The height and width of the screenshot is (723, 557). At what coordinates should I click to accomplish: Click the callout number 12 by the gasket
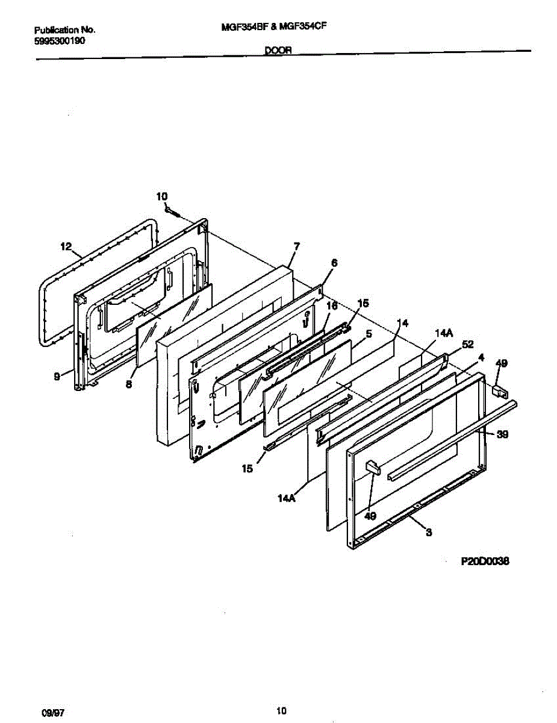pos(66,246)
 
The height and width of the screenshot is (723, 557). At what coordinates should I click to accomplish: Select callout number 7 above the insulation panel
pos(296,246)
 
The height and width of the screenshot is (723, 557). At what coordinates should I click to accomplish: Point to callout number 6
pos(334,263)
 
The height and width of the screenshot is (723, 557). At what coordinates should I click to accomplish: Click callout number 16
pos(331,306)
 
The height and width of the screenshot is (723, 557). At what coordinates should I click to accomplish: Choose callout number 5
pos(369,333)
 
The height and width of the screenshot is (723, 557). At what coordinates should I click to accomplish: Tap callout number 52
pos(468,345)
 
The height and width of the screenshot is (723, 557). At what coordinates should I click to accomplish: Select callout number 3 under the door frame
pos(428,532)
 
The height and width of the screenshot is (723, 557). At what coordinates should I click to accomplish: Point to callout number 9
pos(57,377)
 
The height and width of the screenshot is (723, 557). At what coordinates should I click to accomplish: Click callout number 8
pos(129,383)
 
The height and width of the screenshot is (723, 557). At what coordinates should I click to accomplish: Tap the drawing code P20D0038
pos(485,561)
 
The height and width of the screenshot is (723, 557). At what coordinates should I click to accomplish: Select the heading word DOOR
pos(278,52)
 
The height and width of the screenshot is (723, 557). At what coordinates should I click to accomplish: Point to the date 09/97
pos(53,712)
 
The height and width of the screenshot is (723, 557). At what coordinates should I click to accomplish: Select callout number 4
pos(481,357)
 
